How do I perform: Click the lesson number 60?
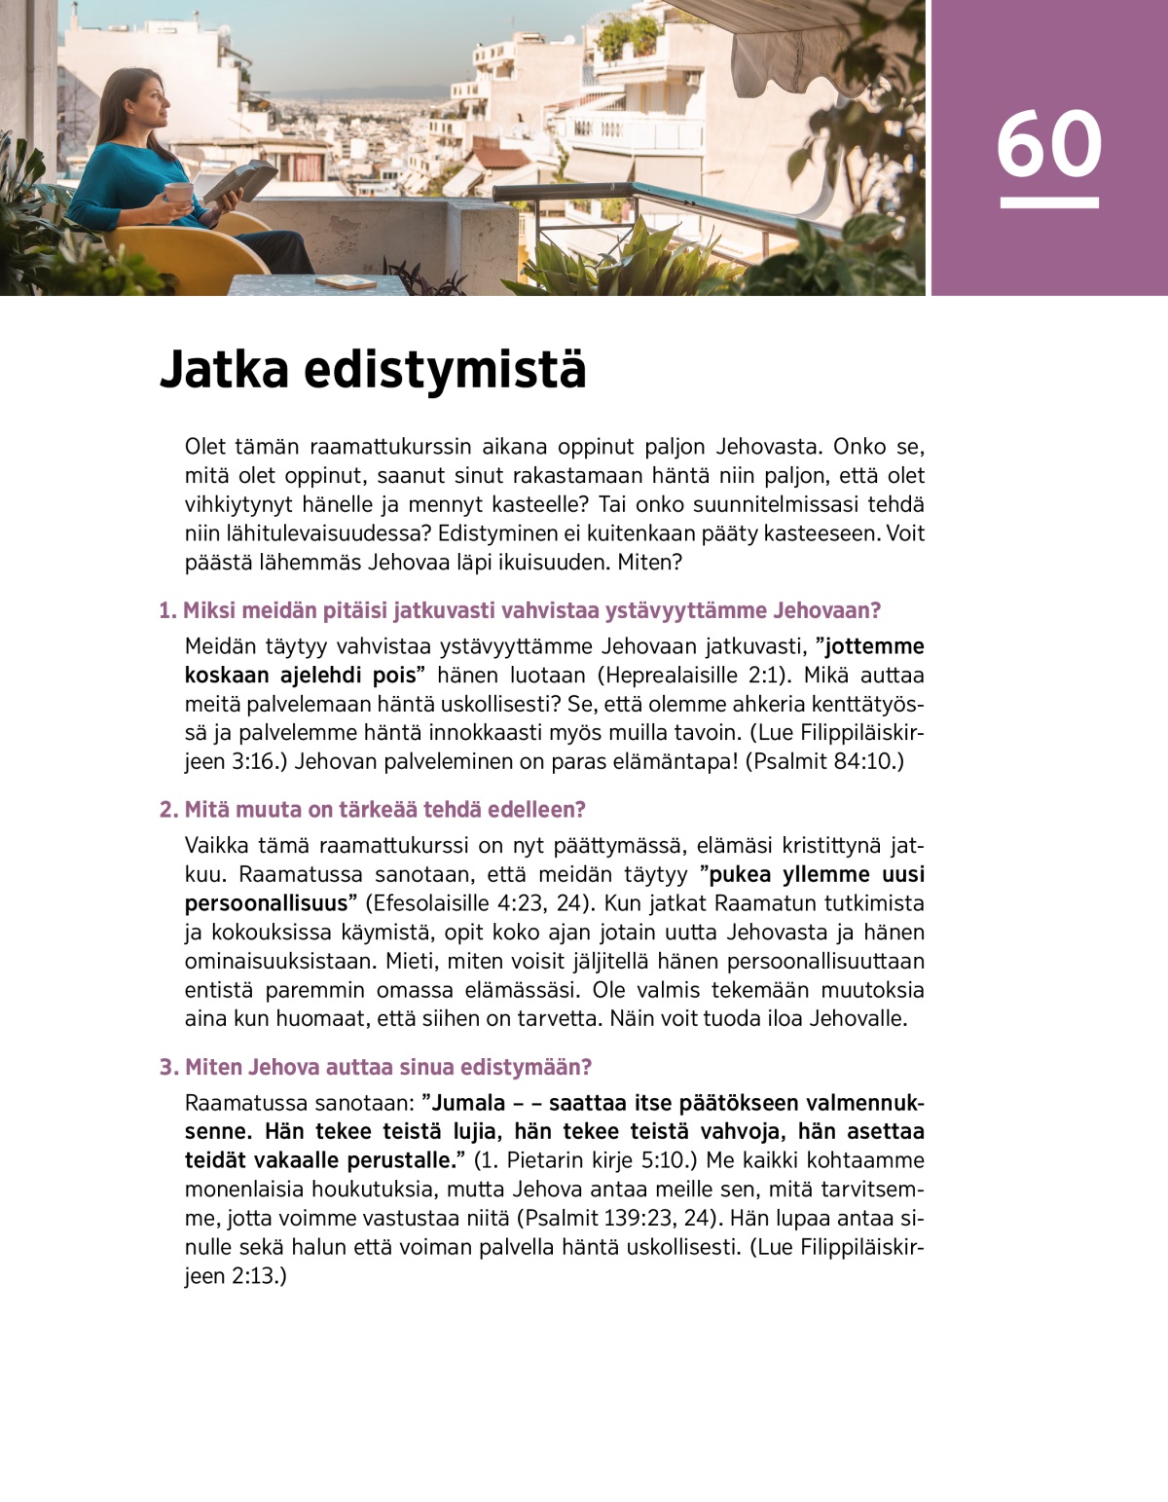click(1048, 144)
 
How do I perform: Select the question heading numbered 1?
click(520, 610)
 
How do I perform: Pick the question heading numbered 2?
click(373, 809)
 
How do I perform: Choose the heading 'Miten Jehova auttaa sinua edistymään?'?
click(376, 1067)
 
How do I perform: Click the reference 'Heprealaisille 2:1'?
click(691, 676)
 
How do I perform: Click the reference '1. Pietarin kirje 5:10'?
click(583, 1160)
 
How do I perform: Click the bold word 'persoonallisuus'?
click(266, 903)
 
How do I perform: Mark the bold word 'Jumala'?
click(468, 1103)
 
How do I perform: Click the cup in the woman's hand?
click(178, 194)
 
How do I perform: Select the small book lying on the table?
click(346, 282)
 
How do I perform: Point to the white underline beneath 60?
click(1048, 202)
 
